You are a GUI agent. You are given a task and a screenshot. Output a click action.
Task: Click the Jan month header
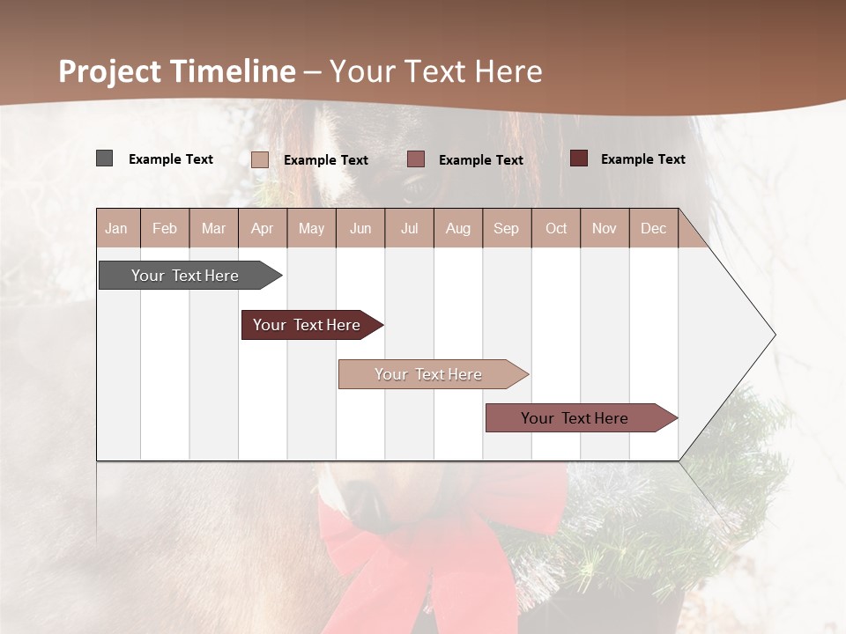[x=116, y=229]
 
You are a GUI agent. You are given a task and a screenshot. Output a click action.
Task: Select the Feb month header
[x=165, y=229]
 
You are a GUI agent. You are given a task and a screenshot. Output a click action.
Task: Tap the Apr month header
[x=262, y=229]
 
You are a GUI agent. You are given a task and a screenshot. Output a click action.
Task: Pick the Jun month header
[x=360, y=229]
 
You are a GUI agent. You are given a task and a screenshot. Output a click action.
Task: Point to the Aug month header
[x=457, y=229]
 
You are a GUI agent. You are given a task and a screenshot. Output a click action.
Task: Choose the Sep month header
[x=506, y=229]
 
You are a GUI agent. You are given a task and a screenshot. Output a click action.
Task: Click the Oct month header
[x=556, y=229]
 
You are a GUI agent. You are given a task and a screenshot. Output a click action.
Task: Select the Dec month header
[x=653, y=229]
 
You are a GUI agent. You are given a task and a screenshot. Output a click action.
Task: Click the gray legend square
[x=104, y=158]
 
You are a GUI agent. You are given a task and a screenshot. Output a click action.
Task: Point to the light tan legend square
[x=259, y=159]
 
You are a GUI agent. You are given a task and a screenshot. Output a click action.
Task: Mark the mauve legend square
[x=416, y=159]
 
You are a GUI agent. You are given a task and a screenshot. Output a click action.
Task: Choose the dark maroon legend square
[x=578, y=158]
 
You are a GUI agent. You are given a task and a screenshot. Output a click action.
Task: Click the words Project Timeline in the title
[x=176, y=71]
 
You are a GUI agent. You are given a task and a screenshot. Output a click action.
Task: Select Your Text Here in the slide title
[x=435, y=71]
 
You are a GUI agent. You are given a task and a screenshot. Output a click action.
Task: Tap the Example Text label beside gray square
[x=171, y=159]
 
